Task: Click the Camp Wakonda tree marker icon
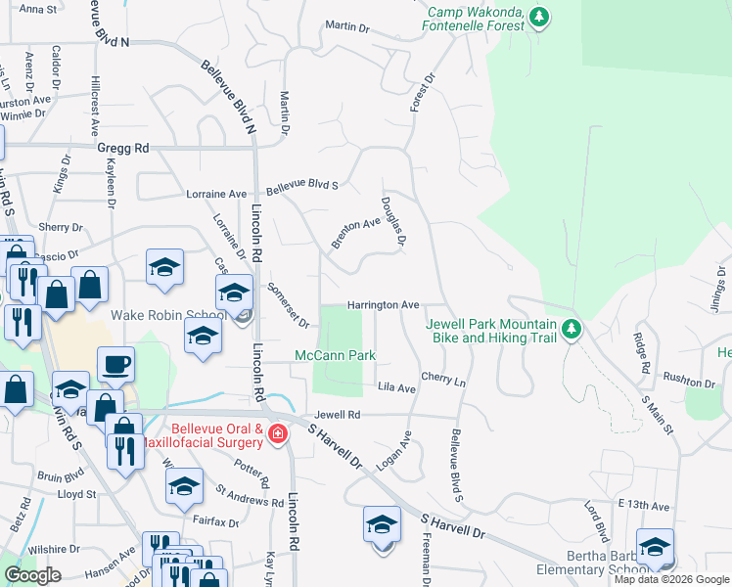538,17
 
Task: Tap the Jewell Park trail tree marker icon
572,330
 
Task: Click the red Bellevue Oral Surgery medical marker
278,432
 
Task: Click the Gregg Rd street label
122,148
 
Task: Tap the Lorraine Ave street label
216,195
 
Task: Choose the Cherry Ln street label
443,378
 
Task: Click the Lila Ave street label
397,388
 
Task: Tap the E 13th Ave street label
643,506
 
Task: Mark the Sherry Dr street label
61,227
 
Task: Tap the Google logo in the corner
32,575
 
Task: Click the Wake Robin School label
162,315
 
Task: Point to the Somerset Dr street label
289,305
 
